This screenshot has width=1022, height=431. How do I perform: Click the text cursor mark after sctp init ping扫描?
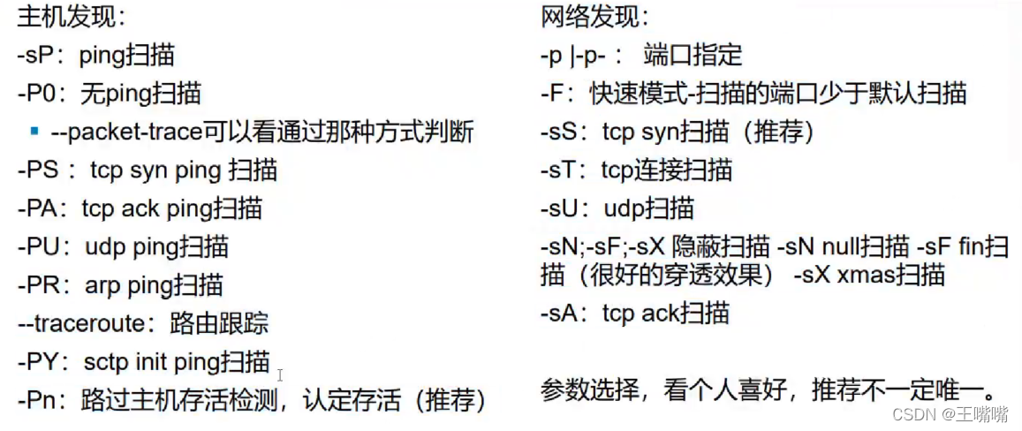click(x=280, y=375)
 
